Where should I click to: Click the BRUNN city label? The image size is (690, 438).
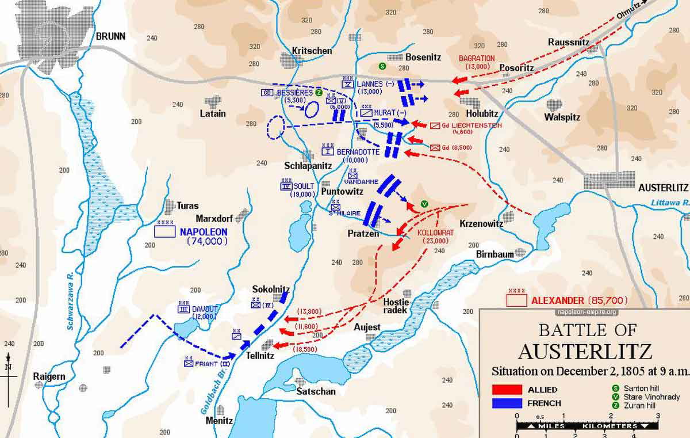pos(110,36)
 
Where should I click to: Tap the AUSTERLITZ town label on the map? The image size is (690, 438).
pos(663,188)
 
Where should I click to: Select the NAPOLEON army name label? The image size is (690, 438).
pos(204,232)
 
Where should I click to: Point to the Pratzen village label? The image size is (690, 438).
pos(363,234)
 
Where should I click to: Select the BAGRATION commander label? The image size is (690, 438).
pos(476,58)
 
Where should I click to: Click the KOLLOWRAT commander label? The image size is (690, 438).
pos(436,233)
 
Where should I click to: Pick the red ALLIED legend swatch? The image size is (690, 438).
pos(507,390)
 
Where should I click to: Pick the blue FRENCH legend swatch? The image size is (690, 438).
pos(507,403)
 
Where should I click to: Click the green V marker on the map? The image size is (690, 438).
pos(424,203)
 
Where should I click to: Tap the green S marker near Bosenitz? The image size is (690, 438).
pos(381,66)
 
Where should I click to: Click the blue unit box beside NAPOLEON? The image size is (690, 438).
pos(164,231)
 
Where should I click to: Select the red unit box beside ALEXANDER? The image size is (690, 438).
pos(516,300)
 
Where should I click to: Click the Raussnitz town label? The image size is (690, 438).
pos(568,42)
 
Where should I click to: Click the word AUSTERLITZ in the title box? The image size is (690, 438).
pos(585,351)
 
